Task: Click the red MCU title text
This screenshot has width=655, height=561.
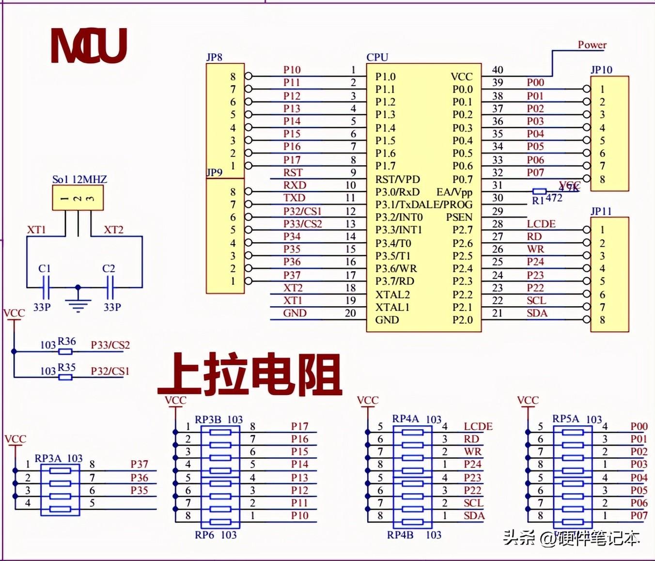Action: pyautogui.click(x=89, y=46)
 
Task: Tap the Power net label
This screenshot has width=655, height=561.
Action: pyautogui.click(x=592, y=45)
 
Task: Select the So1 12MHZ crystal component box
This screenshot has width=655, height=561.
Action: pyautogui.click(x=78, y=198)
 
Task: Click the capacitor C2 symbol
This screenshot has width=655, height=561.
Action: pyautogui.click(x=110, y=287)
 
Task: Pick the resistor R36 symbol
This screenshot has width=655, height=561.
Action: pyautogui.click(x=65, y=351)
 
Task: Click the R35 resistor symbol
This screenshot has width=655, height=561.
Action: pyautogui.click(x=65, y=377)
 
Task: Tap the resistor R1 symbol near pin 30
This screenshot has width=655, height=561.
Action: pyautogui.click(x=539, y=192)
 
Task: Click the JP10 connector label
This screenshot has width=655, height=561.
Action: pyautogui.click(x=601, y=70)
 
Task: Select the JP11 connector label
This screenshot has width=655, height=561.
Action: pyautogui.click(x=601, y=211)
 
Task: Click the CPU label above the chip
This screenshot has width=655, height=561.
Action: pyautogui.click(x=377, y=57)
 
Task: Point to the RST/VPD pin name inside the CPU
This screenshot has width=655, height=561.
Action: pyautogui.click(x=397, y=179)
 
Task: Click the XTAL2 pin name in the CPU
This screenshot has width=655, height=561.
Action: pyautogui.click(x=392, y=294)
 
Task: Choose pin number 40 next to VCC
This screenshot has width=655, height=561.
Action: pyautogui.click(x=498, y=70)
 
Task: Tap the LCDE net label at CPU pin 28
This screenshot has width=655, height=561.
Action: pyautogui.click(x=541, y=224)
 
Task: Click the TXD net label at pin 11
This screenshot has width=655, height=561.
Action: pyautogui.click(x=294, y=198)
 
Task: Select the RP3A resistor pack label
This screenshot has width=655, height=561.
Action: pyautogui.click(x=48, y=458)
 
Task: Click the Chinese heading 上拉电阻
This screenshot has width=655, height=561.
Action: pyautogui.click(x=250, y=374)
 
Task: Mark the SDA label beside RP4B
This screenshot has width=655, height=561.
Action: pyautogui.click(x=474, y=515)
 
